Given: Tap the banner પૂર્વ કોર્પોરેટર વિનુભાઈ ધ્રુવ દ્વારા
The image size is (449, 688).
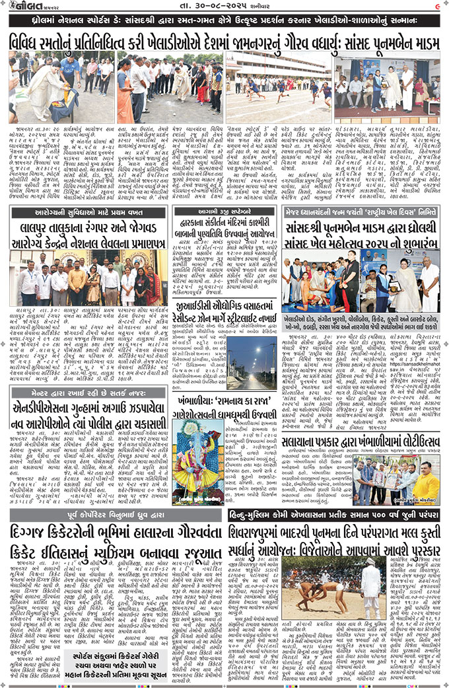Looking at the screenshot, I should pyautogui.click(x=116, y=511).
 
